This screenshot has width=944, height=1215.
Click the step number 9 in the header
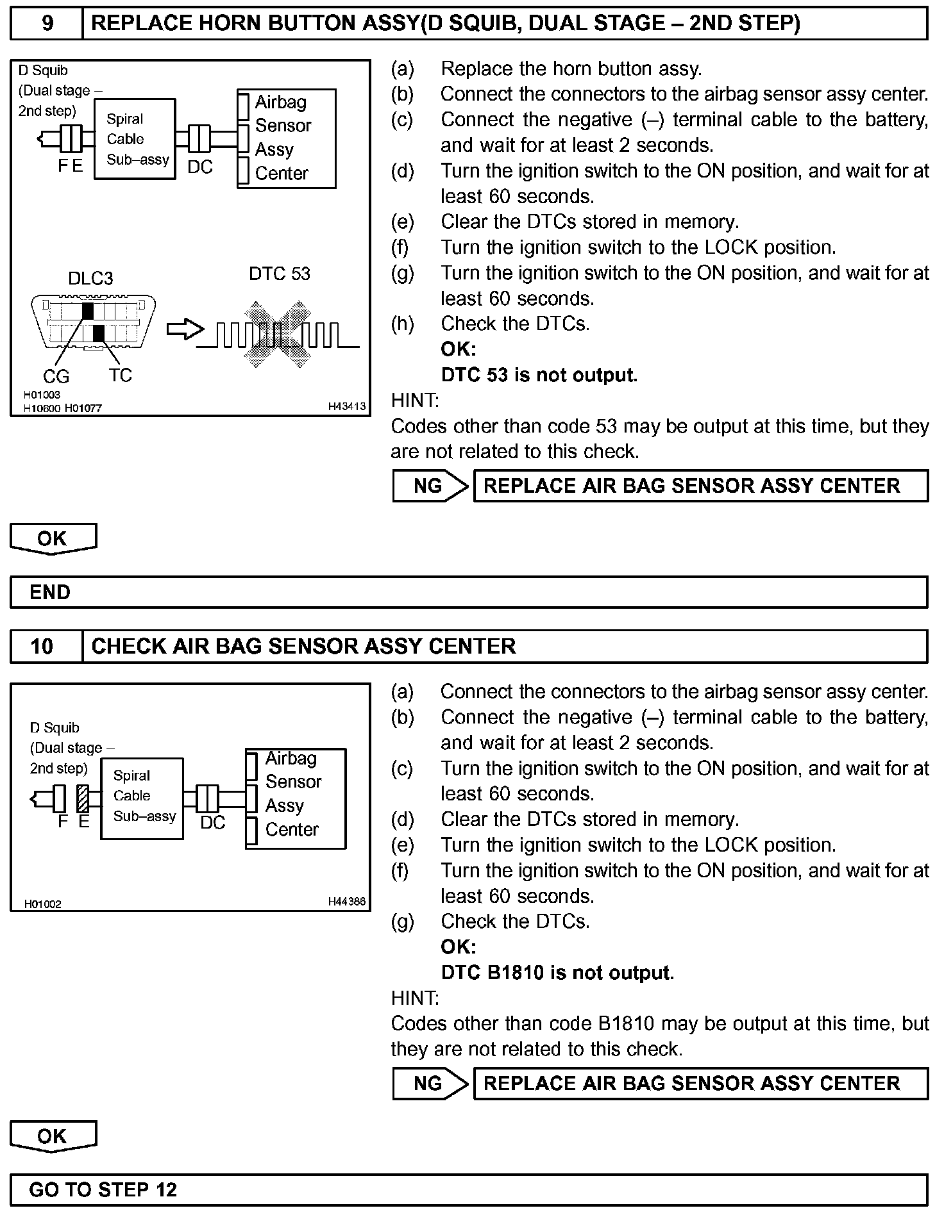tap(47, 24)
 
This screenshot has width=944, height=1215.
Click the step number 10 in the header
tap(42, 646)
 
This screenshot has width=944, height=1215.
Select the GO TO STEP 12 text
tap(103, 1190)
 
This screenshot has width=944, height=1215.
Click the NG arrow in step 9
tap(430, 486)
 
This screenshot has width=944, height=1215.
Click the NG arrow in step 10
tap(430, 1084)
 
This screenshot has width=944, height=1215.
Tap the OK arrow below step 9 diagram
tap(53, 538)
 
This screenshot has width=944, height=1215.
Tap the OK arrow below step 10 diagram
tap(53, 1136)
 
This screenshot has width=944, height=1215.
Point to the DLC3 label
tap(90, 279)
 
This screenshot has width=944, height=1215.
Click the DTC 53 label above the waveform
tap(279, 274)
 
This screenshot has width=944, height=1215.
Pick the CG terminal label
tap(56, 377)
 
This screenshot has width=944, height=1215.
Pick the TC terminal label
tap(120, 376)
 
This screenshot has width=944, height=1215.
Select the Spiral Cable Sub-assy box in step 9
tap(135, 139)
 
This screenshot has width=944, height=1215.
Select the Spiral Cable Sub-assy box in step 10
tap(142, 798)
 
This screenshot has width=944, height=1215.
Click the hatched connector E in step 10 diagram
tap(83, 798)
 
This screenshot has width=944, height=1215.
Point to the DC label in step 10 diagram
tap(213, 823)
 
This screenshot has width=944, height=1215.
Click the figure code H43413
tap(346, 406)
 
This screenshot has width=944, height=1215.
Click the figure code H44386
tap(346, 902)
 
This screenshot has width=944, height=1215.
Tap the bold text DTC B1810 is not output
tap(557, 973)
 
